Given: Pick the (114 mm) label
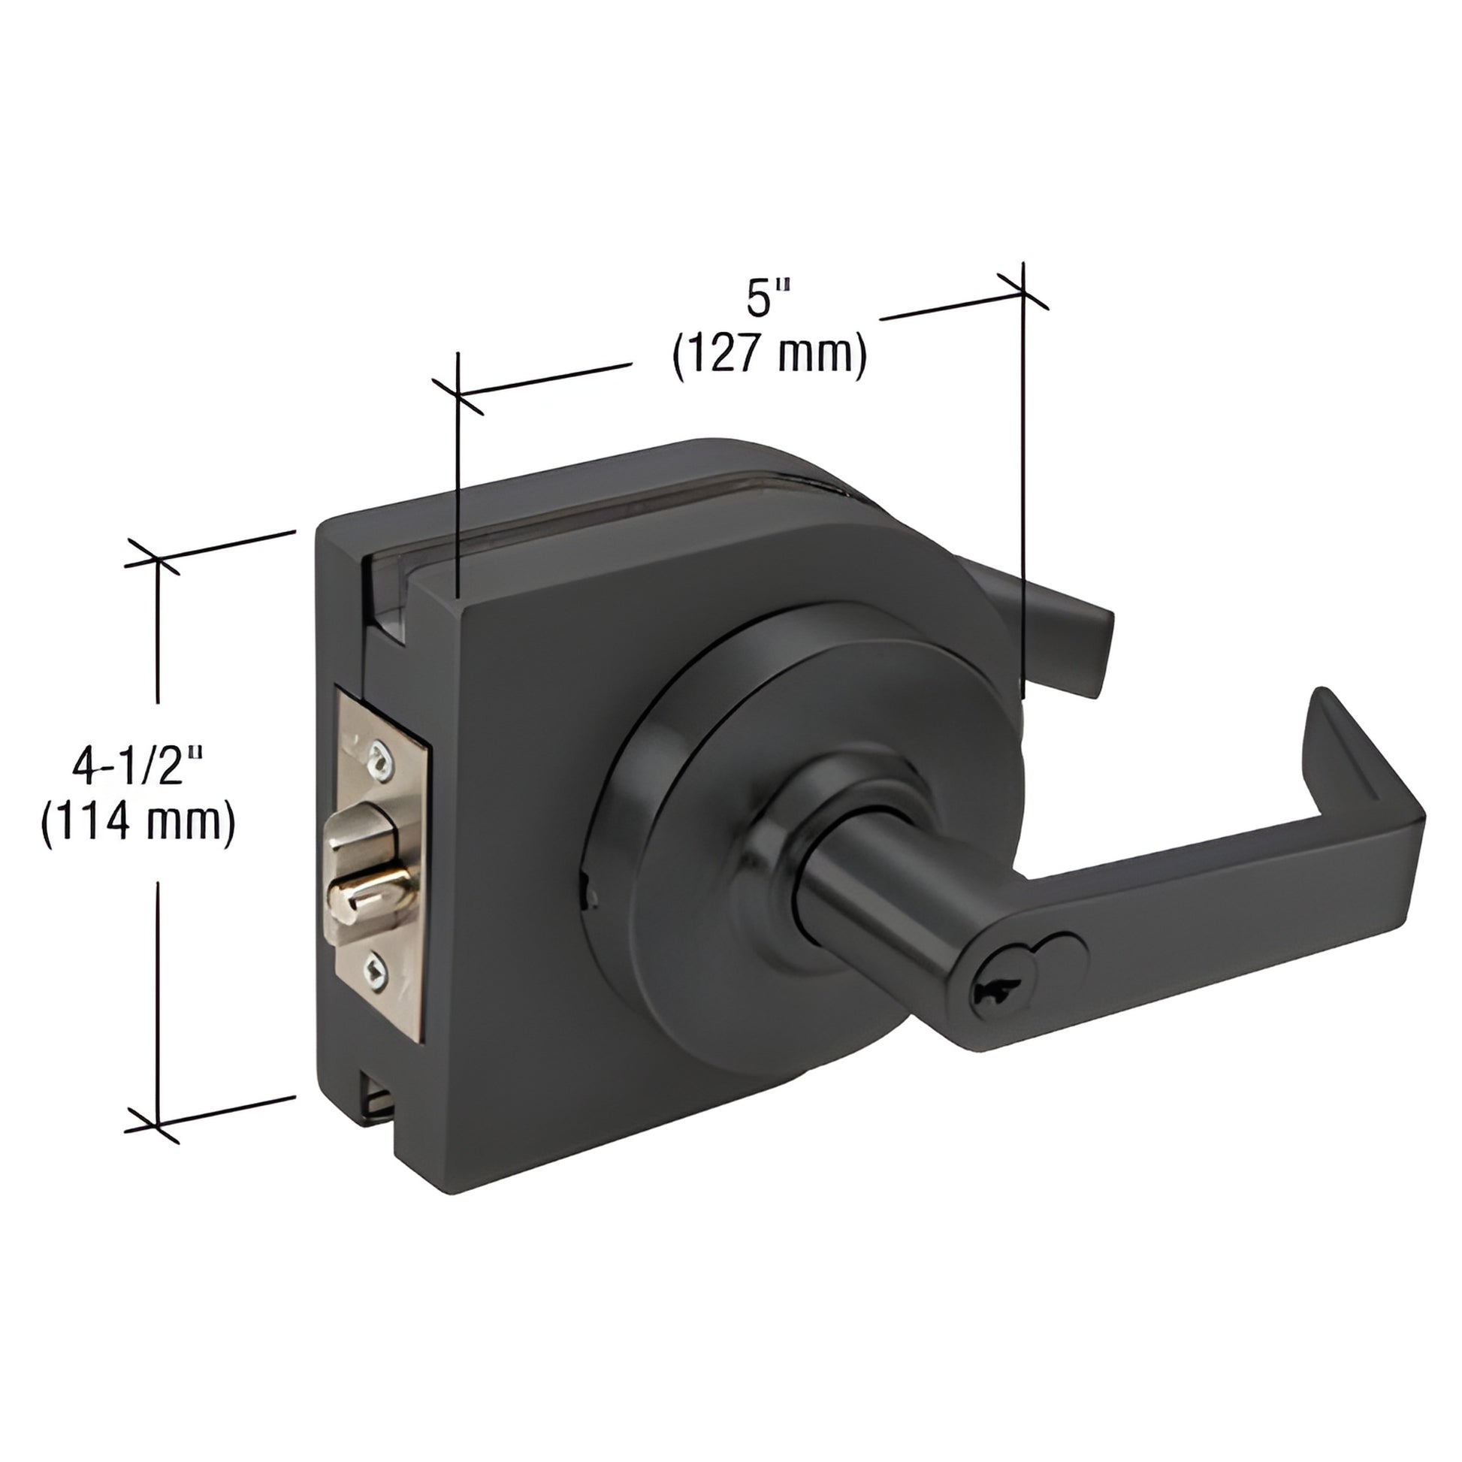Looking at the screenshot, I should [138, 822].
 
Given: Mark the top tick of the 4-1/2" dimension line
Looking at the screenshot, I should [156, 560].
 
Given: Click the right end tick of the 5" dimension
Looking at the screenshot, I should [1022, 291].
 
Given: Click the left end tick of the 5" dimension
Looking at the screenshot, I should [458, 394].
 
